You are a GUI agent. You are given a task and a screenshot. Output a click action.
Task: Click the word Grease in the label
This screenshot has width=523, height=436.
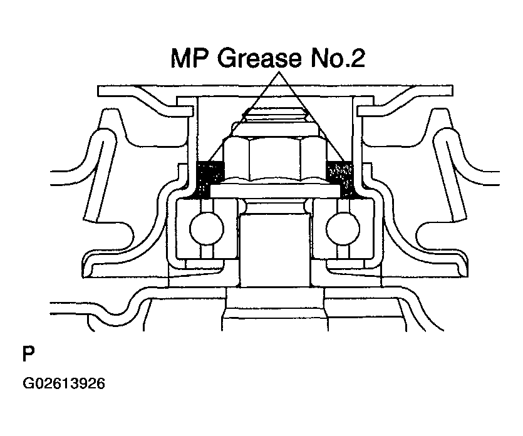[259, 58]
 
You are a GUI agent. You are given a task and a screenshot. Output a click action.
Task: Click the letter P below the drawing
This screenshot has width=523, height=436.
[28, 354]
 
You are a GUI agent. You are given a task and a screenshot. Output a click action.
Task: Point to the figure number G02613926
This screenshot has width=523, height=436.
[64, 383]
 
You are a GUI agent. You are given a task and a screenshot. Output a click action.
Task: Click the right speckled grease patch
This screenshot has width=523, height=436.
[341, 179]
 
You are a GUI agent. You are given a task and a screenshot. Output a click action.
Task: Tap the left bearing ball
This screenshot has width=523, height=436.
[207, 229]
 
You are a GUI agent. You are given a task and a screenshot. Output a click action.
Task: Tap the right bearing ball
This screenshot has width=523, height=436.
[343, 229]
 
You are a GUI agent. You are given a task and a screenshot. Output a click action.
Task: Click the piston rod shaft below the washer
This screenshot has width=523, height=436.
[275, 250]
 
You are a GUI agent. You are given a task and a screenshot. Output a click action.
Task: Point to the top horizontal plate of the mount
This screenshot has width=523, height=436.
[275, 91]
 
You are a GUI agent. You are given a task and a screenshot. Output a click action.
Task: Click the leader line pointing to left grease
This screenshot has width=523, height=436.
[243, 117]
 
